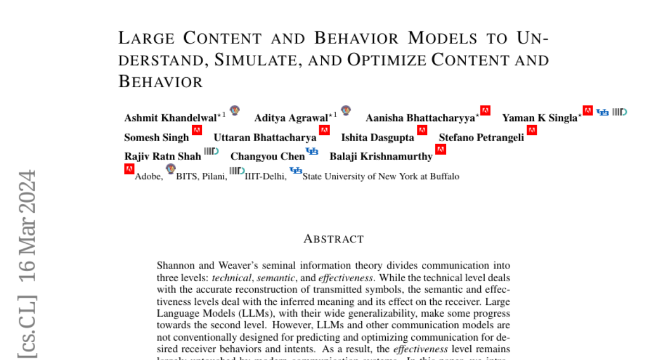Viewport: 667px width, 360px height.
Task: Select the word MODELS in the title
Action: [x=442, y=38]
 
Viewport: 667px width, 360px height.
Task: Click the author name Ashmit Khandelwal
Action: [x=170, y=118]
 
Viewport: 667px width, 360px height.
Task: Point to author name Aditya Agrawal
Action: [x=291, y=118]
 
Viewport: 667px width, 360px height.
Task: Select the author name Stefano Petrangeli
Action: [x=481, y=137]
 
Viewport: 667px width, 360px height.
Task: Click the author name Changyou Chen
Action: [x=267, y=157]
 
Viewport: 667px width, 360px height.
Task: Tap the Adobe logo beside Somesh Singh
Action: [x=197, y=131]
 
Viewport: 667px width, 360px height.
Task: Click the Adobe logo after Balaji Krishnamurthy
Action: [x=441, y=149]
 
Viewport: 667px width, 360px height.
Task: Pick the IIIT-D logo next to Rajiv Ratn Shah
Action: [x=211, y=151]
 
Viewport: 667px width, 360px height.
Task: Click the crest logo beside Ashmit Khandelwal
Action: [x=235, y=111]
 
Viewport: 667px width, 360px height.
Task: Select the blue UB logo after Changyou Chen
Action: [x=312, y=151]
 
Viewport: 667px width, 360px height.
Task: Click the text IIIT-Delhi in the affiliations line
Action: [x=266, y=177]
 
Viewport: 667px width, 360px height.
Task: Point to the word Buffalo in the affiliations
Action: [x=445, y=177]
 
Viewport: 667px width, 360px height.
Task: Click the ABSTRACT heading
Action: [x=333, y=239]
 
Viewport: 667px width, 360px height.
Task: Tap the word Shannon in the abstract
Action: [x=173, y=266]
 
